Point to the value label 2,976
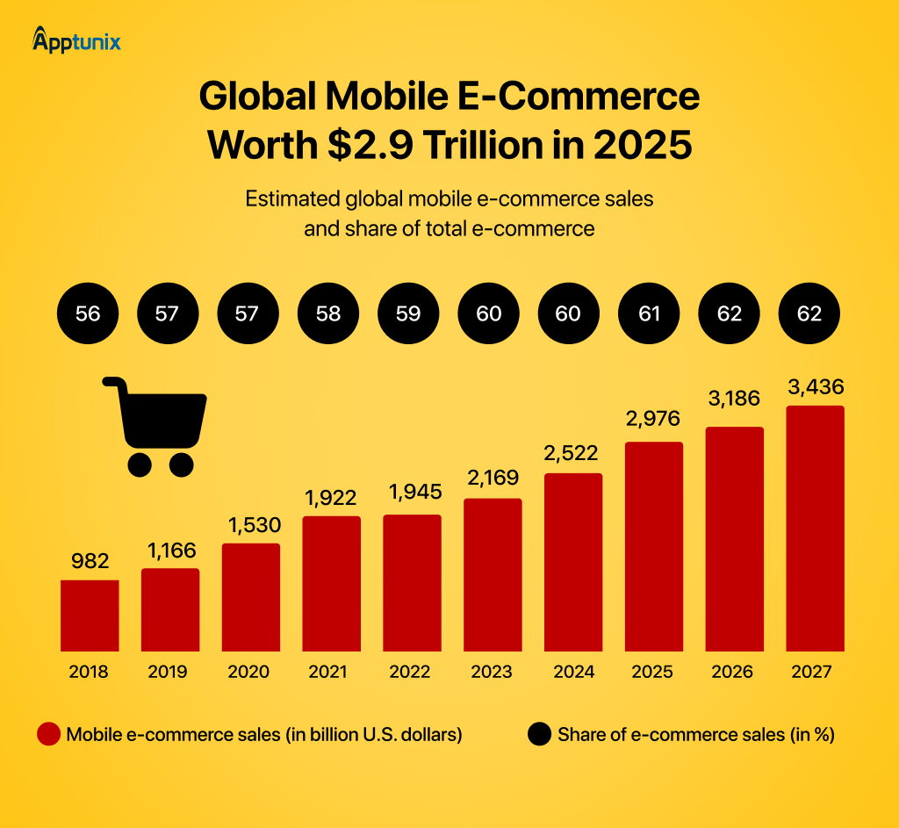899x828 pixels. (x=652, y=418)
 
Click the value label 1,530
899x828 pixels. (x=251, y=525)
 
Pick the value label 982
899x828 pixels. (x=90, y=561)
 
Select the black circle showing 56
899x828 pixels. (x=88, y=313)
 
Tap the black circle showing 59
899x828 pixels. (x=408, y=313)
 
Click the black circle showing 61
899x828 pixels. (x=649, y=313)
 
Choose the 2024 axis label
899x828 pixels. (x=572, y=672)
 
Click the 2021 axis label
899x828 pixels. (x=329, y=672)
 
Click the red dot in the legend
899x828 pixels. (x=49, y=735)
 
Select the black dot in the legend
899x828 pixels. (x=539, y=735)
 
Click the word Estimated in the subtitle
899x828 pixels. (x=293, y=198)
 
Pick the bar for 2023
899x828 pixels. (x=493, y=574)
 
